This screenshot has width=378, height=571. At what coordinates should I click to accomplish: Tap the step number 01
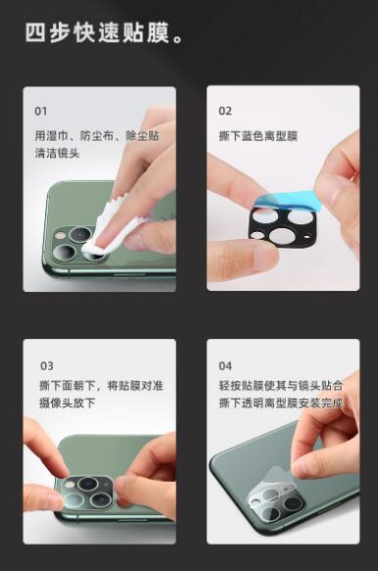pyautogui.click(x=41, y=111)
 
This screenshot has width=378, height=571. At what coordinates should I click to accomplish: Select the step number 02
pyautogui.click(x=225, y=111)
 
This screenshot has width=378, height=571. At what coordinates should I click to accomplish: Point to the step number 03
pyautogui.click(x=47, y=365)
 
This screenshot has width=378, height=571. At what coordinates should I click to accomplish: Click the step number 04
pyautogui.click(x=225, y=365)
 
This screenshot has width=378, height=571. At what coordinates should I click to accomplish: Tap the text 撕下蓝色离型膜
pyautogui.click(x=259, y=136)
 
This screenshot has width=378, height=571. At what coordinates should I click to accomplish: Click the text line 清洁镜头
pyautogui.click(x=57, y=153)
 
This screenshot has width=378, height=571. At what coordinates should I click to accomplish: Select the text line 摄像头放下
pyautogui.click(x=68, y=403)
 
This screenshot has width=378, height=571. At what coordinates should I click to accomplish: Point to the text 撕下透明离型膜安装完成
pyautogui.click(x=281, y=403)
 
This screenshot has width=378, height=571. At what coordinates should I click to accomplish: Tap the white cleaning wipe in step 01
pyautogui.click(x=110, y=226)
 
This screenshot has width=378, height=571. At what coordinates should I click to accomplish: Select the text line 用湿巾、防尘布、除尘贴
pyautogui.click(x=97, y=136)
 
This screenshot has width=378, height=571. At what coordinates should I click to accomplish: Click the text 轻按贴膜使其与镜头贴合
pyautogui.click(x=281, y=385)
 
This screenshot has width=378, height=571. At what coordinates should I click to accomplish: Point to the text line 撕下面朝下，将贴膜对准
pyautogui.click(x=101, y=385)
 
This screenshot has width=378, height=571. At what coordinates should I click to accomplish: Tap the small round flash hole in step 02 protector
pyautogui.click(x=258, y=235)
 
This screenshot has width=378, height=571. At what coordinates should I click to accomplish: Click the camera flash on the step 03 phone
pyautogui.click(x=69, y=485)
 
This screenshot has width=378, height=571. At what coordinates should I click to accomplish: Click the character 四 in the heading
pyautogui.click(x=35, y=32)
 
